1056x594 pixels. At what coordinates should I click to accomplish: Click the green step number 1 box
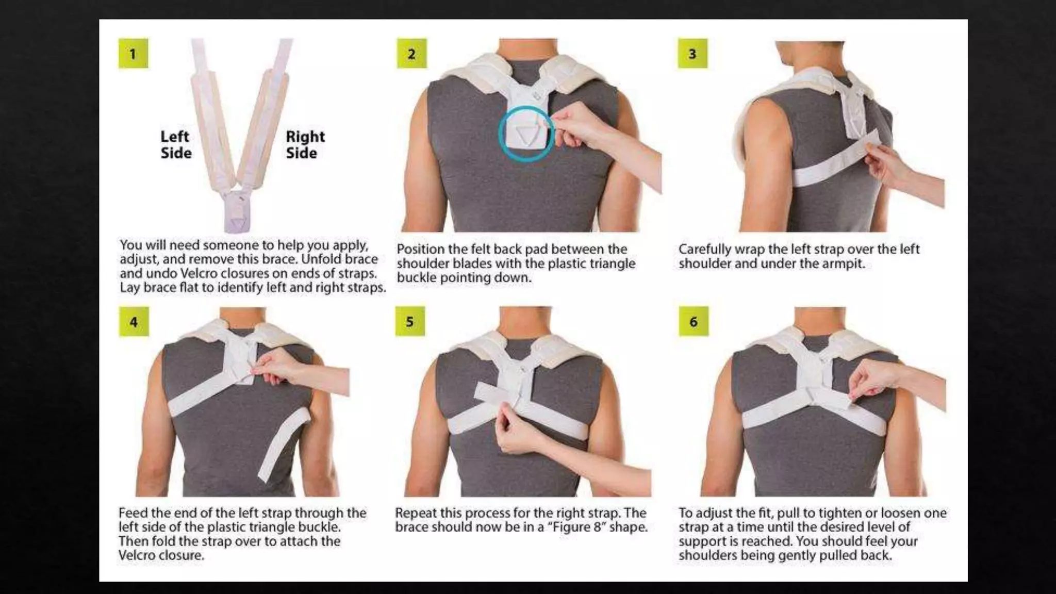point(133,53)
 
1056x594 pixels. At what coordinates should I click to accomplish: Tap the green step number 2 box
point(411,53)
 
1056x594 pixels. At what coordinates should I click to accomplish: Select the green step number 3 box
point(692,53)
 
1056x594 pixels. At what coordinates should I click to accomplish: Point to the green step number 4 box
point(134,322)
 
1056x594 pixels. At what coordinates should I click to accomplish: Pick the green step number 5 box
point(410,321)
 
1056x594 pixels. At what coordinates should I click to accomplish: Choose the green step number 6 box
point(693,321)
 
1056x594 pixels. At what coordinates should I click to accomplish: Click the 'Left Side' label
point(176,144)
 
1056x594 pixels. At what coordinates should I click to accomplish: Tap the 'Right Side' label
point(305,144)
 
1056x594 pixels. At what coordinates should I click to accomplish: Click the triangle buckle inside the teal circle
point(525,135)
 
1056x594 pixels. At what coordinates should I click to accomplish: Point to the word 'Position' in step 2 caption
point(419,250)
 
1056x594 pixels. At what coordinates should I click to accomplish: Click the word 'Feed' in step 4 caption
point(131,513)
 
